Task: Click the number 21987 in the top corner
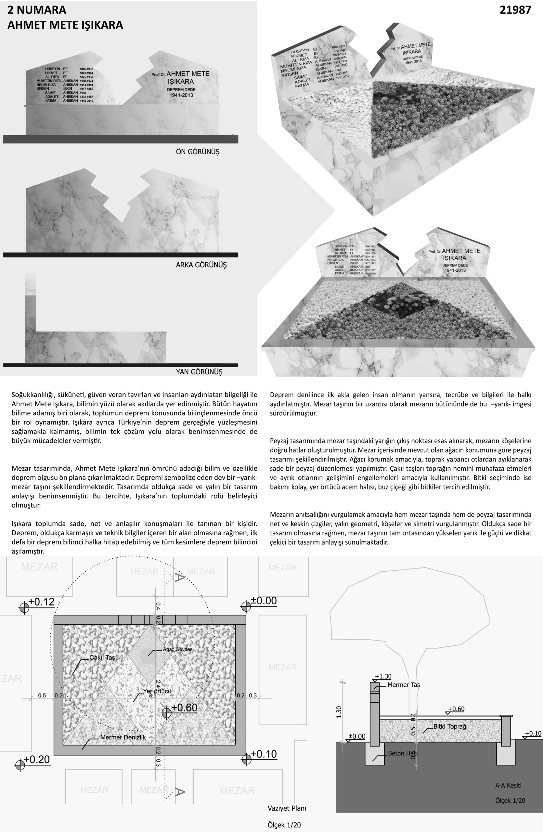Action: coord(515,10)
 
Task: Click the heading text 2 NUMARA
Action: coord(37,10)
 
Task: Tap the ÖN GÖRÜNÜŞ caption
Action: coord(198,152)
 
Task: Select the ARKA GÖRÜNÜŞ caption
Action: coord(201,265)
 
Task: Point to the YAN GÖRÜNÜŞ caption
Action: coord(199,371)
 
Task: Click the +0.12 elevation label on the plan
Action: coord(41,602)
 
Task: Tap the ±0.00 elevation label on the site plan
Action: coord(264,601)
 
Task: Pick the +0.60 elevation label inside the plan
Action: coord(184,708)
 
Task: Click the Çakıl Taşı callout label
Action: coord(103,657)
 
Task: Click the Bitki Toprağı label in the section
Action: coord(450,726)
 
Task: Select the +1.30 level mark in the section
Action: coord(383,676)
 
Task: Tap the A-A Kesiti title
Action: coord(508,786)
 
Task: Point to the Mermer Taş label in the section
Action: coord(403,685)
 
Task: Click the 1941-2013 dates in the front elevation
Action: coord(181,95)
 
